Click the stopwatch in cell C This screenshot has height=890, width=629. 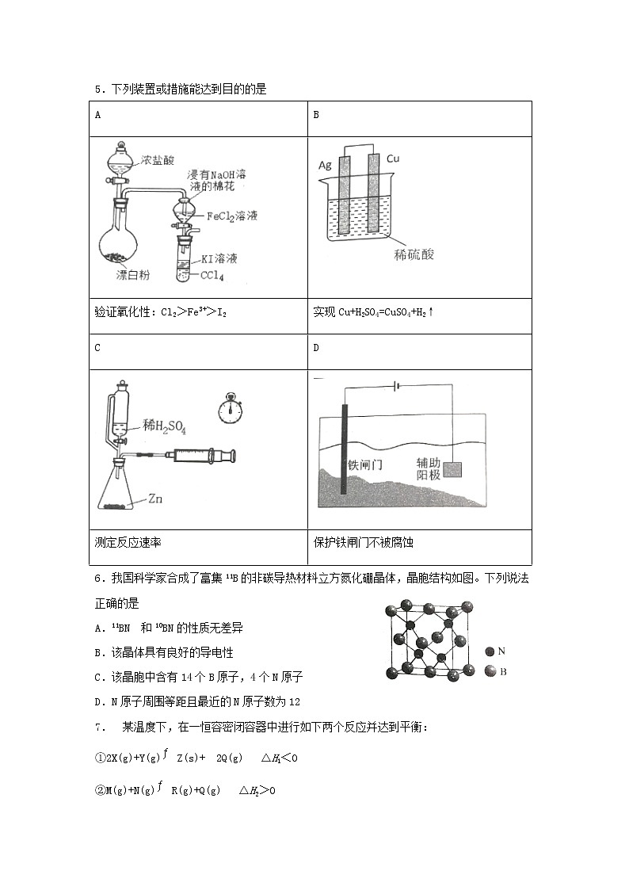click(x=232, y=409)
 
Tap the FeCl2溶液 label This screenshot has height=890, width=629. click(x=232, y=215)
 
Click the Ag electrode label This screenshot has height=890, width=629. click(x=325, y=165)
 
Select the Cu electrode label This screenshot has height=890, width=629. click(x=393, y=159)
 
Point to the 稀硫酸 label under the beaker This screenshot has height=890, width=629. click(x=414, y=254)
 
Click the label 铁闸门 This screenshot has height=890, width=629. click(x=365, y=464)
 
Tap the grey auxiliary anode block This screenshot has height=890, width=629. click(x=452, y=469)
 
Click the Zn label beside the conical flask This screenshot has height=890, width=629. click(x=156, y=499)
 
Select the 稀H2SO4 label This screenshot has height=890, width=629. click(x=164, y=429)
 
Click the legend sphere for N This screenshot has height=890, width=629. click(x=490, y=651)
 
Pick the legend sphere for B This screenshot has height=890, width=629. click(x=490, y=671)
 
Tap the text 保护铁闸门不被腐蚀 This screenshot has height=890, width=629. click(x=364, y=543)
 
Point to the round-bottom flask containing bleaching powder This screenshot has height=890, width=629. click(x=119, y=243)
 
